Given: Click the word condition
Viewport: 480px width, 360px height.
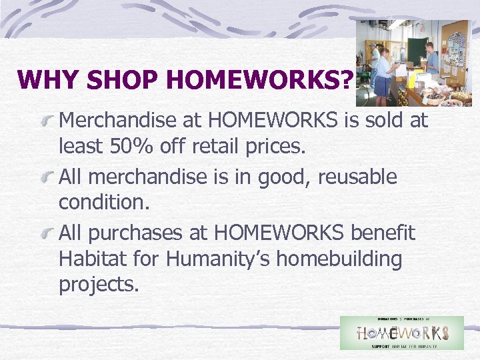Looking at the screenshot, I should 103,202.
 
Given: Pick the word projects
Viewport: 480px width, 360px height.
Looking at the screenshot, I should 99,285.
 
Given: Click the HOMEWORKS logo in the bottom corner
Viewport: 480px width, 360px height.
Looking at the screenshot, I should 401,333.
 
